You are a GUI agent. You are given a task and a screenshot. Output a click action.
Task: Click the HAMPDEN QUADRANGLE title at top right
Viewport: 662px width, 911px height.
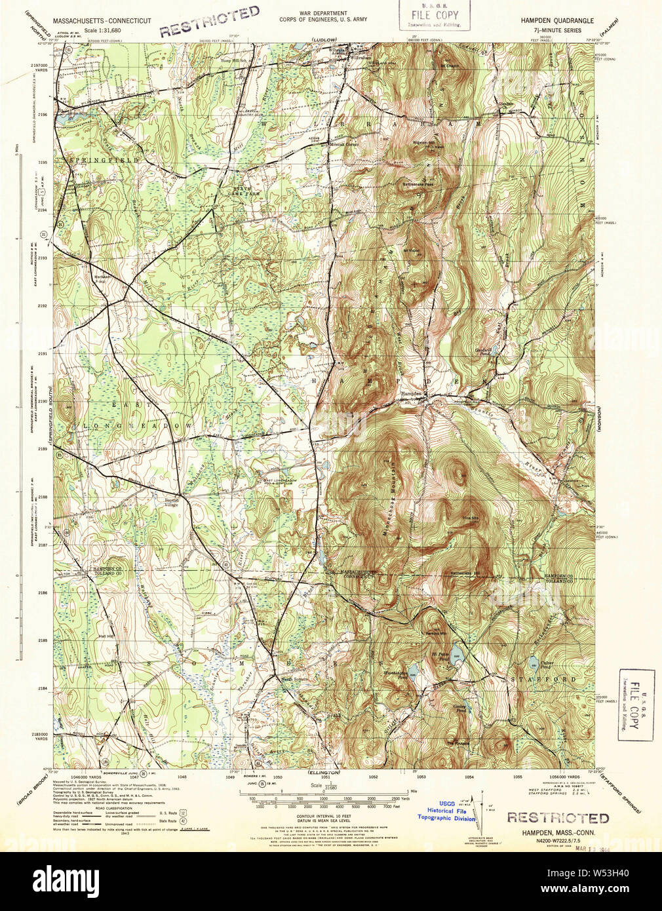(x=557, y=21)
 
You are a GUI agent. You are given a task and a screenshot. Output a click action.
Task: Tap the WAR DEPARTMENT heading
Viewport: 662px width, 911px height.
(x=323, y=13)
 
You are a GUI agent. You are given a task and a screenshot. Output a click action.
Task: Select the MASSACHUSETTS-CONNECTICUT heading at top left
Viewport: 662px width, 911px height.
(x=98, y=21)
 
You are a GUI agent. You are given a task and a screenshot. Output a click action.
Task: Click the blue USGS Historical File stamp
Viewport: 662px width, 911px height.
(x=446, y=810)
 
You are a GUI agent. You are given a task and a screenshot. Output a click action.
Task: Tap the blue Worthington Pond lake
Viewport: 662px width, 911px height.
(x=412, y=671)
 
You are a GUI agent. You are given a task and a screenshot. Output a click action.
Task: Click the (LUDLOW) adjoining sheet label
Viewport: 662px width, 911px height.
(x=324, y=41)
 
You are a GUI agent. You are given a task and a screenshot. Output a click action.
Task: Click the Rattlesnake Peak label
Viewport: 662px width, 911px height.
(x=418, y=184)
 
